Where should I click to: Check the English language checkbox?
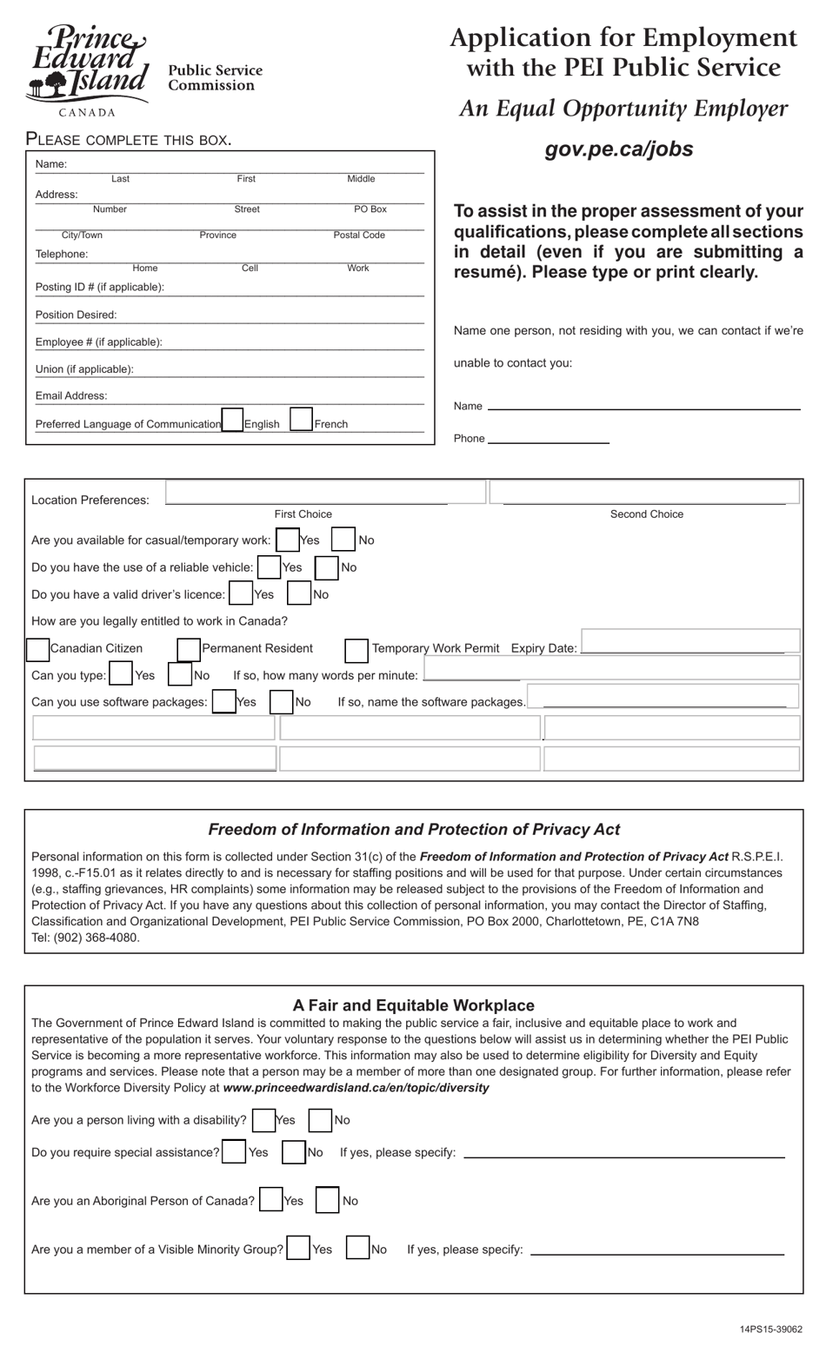coord(232,421)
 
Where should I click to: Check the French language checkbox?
coord(301,421)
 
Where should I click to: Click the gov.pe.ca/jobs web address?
coord(618,149)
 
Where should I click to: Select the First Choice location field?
coord(325,493)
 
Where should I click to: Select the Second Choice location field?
coord(644,493)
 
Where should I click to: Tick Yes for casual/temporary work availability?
coord(287,540)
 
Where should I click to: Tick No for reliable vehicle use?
coord(327,567)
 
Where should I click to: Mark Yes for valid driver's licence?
coord(241,594)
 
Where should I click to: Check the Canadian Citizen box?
coord(38,649)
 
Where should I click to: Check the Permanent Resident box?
coord(189,649)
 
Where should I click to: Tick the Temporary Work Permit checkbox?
coord(356,650)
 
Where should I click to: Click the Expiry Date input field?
coord(690,641)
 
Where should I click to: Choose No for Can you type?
coord(180,675)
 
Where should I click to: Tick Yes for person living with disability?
coord(263,1120)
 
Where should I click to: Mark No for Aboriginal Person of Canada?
coord(328,1200)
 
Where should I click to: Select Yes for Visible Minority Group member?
coord(299,1249)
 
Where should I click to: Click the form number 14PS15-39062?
coord(771,1329)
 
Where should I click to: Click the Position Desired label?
coord(76,315)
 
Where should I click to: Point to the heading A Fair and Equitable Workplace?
coord(413,1005)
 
